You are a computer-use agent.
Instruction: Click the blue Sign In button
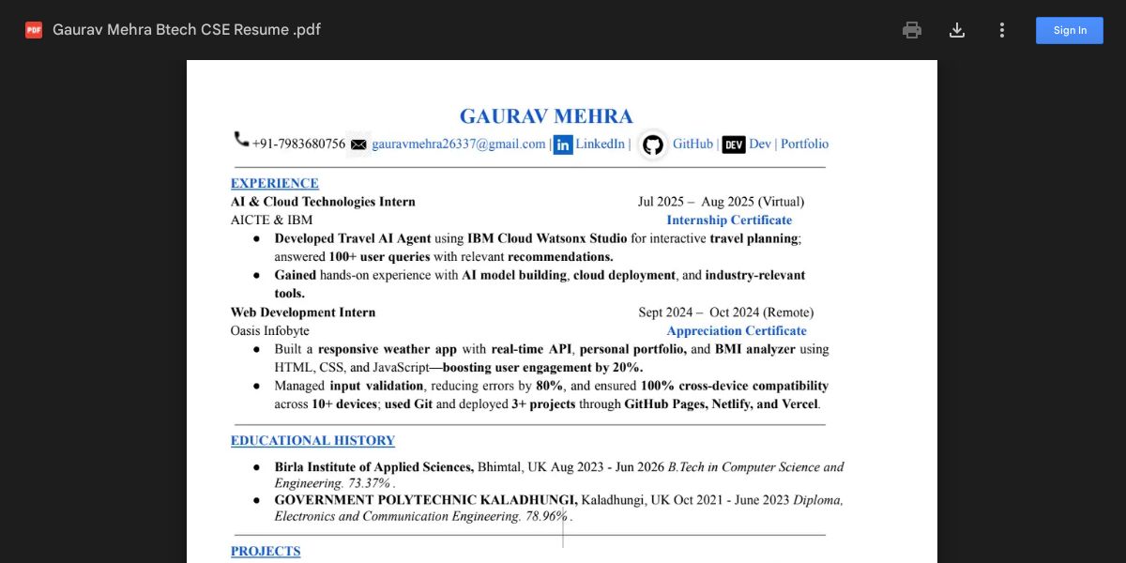click(1070, 30)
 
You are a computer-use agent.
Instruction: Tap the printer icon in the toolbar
click(912, 30)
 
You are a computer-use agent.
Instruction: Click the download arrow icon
click(957, 30)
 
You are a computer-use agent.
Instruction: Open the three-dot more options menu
click(1002, 30)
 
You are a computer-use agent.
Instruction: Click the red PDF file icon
click(34, 30)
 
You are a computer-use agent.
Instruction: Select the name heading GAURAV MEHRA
click(546, 116)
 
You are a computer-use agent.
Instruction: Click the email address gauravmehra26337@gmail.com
click(459, 145)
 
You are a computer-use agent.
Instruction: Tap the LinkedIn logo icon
click(563, 145)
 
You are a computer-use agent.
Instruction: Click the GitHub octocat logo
click(653, 145)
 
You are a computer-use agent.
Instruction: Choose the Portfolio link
click(805, 145)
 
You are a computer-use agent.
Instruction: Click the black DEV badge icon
click(734, 145)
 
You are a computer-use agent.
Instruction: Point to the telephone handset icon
click(241, 140)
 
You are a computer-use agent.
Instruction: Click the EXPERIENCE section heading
click(275, 183)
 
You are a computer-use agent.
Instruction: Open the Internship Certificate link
click(729, 220)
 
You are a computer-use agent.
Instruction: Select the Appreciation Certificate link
click(737, 330)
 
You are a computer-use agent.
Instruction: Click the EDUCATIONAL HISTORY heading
click(312, 440)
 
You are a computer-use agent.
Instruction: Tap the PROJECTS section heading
click(266, 551)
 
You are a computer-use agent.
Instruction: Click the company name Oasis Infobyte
click(270, 330)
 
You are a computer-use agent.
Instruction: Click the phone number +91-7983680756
click(298, 145)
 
